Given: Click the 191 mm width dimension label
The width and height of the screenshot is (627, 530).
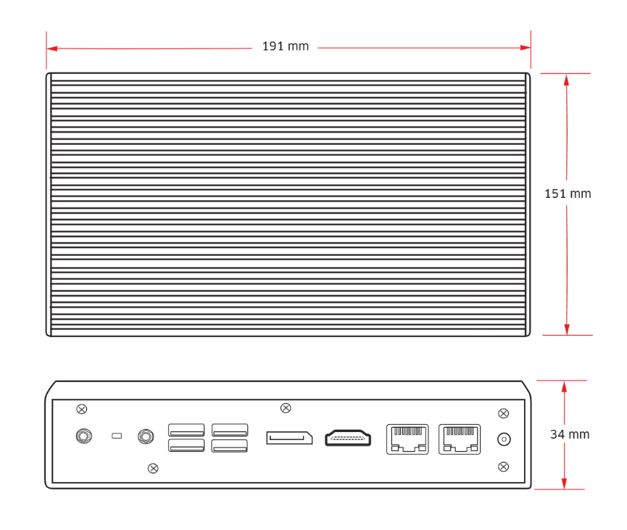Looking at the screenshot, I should click(285, 46).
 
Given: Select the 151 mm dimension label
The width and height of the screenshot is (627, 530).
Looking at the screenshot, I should click(568, 194).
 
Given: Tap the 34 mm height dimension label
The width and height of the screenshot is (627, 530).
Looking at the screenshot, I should click(569, 434).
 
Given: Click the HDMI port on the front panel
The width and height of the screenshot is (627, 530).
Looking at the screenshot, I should click(348, 438).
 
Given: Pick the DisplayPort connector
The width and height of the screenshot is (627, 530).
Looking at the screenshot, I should click(288, 438).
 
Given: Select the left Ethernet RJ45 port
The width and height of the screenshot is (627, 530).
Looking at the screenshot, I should click(407, 439).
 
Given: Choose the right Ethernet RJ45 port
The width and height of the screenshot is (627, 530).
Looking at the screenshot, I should click(460, 439).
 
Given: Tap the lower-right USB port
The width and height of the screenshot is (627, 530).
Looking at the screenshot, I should click(230, 446).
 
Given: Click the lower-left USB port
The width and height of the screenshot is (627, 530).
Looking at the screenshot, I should click(186, 446).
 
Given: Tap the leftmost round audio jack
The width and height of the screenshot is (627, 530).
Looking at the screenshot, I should click(84, 436).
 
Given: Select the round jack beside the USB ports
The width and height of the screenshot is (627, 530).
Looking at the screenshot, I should click(146, 436).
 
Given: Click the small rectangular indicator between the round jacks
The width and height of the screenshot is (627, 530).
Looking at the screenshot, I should click(116, 436).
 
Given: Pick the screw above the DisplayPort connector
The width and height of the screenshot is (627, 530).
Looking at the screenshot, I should click(286, 408).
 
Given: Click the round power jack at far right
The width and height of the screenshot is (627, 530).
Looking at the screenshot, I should click(503, 439).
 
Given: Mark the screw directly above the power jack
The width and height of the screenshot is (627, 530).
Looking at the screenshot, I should click(503, 413).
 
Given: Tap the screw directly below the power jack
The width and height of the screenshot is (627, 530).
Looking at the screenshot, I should click(503, 465).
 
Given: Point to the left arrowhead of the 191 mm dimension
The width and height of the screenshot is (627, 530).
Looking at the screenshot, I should click(51, 48).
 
